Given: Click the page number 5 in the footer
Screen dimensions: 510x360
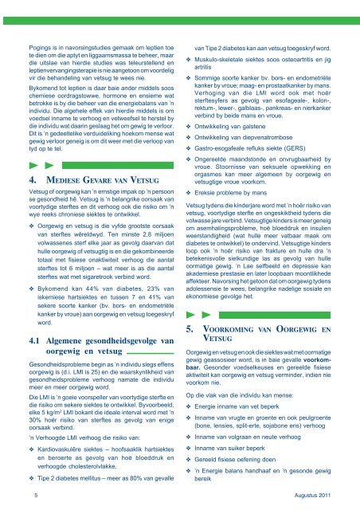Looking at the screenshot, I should [26, 495].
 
